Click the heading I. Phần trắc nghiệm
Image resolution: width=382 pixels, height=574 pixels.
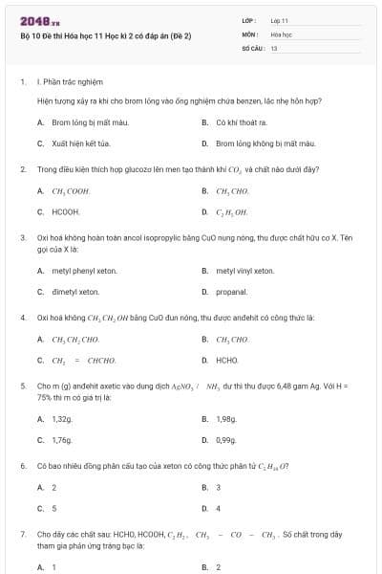(x=70, y=82)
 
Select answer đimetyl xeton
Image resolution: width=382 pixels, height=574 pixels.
(x=75, y=291)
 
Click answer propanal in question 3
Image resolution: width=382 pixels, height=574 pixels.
(x=231, y=291)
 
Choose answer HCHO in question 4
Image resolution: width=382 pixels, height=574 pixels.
(x=226, y=360)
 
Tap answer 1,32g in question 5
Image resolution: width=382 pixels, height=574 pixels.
(x=61, y=419)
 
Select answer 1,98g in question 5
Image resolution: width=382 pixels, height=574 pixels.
(x=225, y=419)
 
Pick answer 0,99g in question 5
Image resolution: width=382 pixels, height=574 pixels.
(x=225, y=439)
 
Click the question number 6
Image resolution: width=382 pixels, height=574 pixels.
(x=22, y=466)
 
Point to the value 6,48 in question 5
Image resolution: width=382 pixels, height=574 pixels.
(x=298, y=386)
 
